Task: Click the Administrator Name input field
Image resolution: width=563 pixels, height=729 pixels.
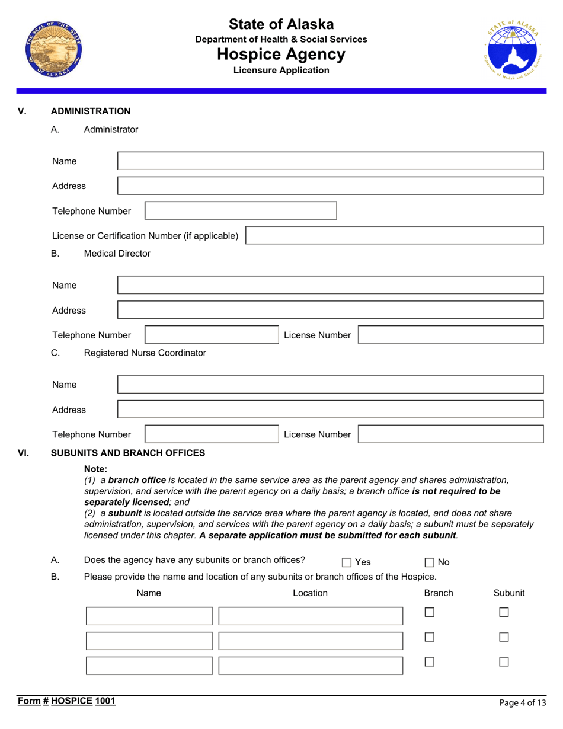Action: [x=331, y=161]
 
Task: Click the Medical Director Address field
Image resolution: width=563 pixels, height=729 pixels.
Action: [x=331, y=310]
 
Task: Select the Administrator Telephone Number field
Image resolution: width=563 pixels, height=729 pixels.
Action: [x=241, y=211]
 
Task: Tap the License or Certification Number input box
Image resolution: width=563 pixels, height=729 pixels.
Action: [x=395, y=235]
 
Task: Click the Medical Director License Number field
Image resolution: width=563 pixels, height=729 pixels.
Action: [x=451, y=335]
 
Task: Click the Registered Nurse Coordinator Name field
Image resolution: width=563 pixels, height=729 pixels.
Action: [x=331, y=385]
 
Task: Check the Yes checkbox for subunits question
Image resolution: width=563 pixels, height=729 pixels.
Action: [x=347, y=562]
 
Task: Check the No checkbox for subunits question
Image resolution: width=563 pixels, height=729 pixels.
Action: [x=430, y=562]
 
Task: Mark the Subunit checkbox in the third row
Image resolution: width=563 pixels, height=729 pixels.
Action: [x=504, y=662]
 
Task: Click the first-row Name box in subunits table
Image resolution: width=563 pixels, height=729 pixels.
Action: [x=149, y=616]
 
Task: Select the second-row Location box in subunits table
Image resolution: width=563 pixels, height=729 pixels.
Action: [x=310, y=641]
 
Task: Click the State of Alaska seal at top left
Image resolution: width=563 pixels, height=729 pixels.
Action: [x=53, y=49]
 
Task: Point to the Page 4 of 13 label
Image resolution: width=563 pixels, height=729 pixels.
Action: [x=522, y=703]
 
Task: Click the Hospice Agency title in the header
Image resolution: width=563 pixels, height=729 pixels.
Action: [x=281, y=55]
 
